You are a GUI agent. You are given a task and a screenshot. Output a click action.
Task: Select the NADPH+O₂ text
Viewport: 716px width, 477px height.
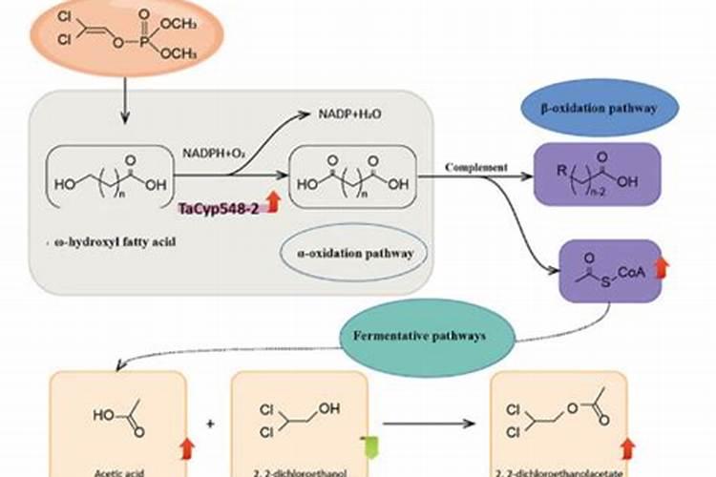point(214,152)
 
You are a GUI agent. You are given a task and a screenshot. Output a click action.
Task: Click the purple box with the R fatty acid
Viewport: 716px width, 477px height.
point(597,176)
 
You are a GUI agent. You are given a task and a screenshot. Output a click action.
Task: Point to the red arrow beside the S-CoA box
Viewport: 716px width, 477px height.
point(662,270)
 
